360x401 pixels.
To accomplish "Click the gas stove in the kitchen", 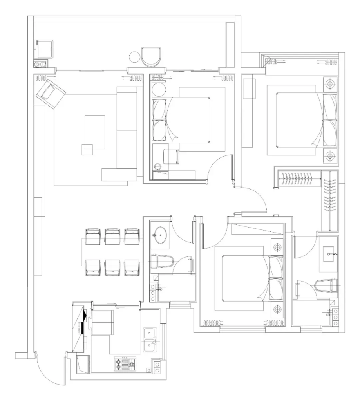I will click(x=125, y=364).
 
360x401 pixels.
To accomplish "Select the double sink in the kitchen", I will click(x=150, y=340).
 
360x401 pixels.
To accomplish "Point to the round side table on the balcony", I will click(x=135, y=57).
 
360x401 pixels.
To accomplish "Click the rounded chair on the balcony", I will click(x=151, y=57).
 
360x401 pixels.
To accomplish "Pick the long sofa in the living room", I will click(x=127, y=133).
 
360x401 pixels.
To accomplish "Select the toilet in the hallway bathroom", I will click(x=163, y=262).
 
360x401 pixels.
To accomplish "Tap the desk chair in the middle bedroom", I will click(x=171, y=157).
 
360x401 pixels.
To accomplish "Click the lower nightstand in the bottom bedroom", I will click(x=277, y=309).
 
